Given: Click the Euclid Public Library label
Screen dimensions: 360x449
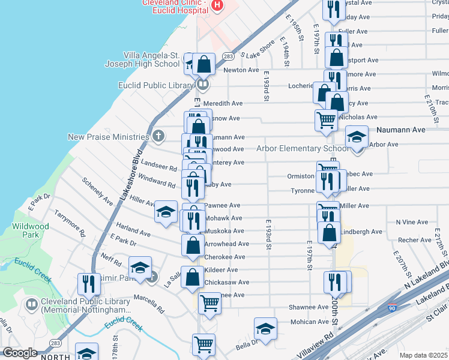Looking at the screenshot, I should [x=155, y=85].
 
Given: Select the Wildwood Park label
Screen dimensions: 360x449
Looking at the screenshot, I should [x=30, y=230].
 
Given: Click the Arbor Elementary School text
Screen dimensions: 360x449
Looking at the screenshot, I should [x=301, y=149].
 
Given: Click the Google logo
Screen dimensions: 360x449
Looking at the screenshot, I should [x=20, y=353].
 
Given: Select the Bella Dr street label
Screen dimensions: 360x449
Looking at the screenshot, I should [x=246, y=345].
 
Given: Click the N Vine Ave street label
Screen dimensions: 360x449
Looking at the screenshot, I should [x=411, y=222].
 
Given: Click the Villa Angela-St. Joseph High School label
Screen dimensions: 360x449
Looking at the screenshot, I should [x=151, y=59].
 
